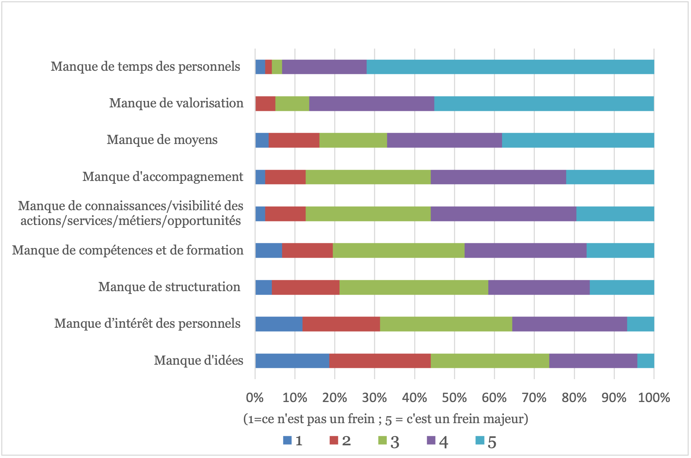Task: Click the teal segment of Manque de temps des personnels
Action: click(x=510, y=67)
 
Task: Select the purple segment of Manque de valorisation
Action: click(x=371, y=103)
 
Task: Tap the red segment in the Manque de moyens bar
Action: click(x=294, y=140)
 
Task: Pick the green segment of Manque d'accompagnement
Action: click(x=368, y=177)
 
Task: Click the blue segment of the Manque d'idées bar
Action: click(x=292, y=360)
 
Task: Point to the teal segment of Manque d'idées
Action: click(x=646, y=360)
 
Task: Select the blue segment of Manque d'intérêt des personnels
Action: click(x=279, y=324)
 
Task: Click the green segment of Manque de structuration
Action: click(x=414, y=287)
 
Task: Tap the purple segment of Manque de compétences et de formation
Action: click(x=525, y=250)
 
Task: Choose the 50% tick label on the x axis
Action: click(x=454, y=398)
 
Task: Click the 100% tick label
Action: click(x=654, y=398)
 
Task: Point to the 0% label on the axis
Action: click(x=255, y=398)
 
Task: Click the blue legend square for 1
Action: click(x=288, y=440)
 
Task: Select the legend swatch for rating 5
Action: click(x=480, y=440)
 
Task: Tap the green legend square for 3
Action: click(x=383, y=440)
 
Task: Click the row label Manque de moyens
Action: click(x=162, y=140)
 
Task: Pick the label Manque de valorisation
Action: click(x=176, y=103)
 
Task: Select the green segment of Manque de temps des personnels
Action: click(x=277, y=67)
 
